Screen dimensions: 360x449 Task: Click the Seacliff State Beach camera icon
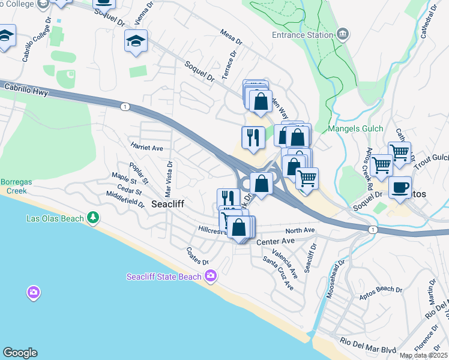pos(211,276)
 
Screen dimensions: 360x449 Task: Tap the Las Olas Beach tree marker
pos(92,218)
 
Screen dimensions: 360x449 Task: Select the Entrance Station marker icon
pos(343,34)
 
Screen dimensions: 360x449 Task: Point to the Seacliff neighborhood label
pos(167,204)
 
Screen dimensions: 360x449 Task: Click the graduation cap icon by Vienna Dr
pos(136,42)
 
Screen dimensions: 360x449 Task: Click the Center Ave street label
pos(276,241)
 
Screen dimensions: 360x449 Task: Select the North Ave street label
pos(300,230)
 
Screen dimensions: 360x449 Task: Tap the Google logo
pos(20,353)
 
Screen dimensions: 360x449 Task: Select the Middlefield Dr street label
pos(125,199)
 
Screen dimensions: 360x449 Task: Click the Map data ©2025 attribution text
pos(423,356)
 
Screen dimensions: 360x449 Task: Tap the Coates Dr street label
pos(197,257)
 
